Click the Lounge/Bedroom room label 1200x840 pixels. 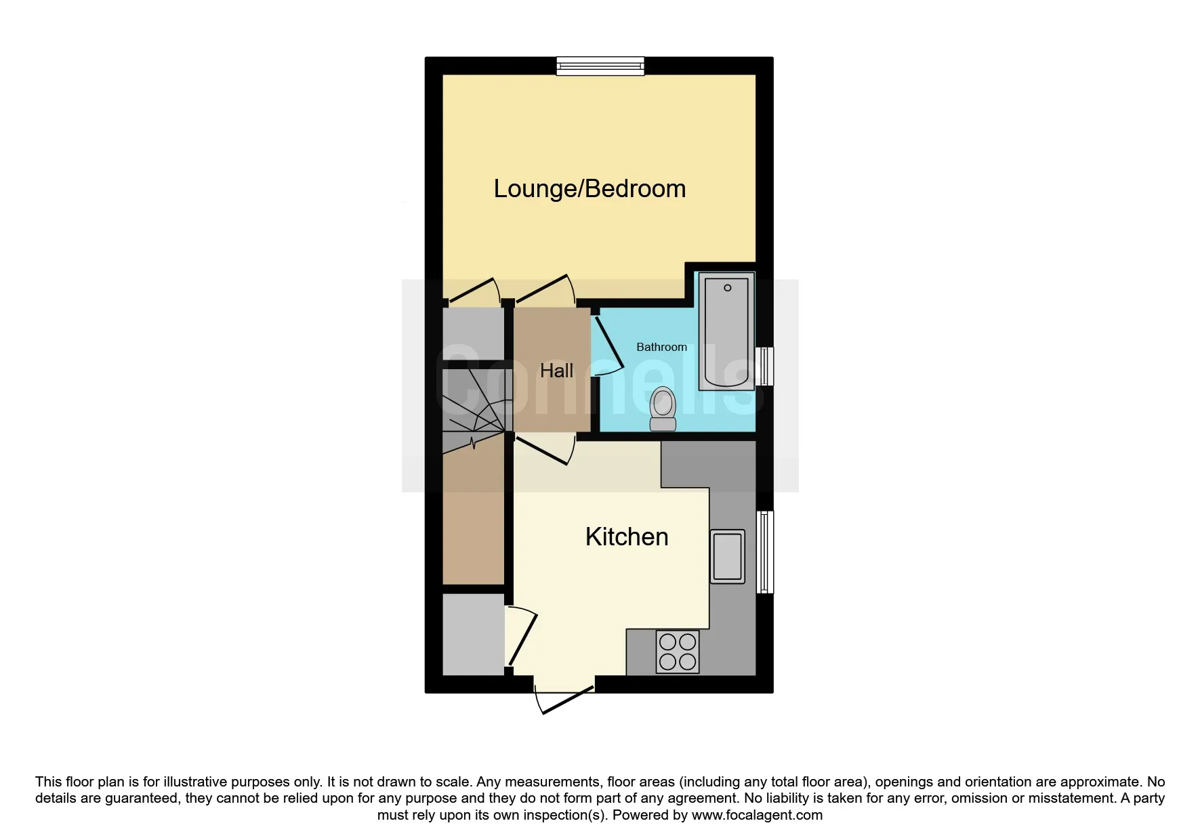(x=589, y=189)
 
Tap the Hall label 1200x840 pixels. (x=556, y=371)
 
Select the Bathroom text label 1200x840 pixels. (x=661, y=347)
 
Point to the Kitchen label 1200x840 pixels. (x=627, y=537)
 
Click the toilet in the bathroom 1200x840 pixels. (x=663, y=409)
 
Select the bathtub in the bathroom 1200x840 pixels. (x=726, y=331)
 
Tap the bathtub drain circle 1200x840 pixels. (x=728, y=288)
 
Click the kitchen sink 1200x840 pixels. (x=727, y=557)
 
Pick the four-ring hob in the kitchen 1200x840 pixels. (x=677, y=652)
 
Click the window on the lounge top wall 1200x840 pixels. (x=600, y=66)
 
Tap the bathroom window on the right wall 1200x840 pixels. (x=764, y=366)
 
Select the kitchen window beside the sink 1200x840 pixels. (x=764, y=552)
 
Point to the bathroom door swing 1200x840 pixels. (x=608, y=345)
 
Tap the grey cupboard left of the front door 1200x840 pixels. (x=473, y=635)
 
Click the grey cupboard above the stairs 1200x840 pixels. (x=473, y=334)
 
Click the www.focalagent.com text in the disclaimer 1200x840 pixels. (x=757, y=815)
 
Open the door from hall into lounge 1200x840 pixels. (x=545, y=290)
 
